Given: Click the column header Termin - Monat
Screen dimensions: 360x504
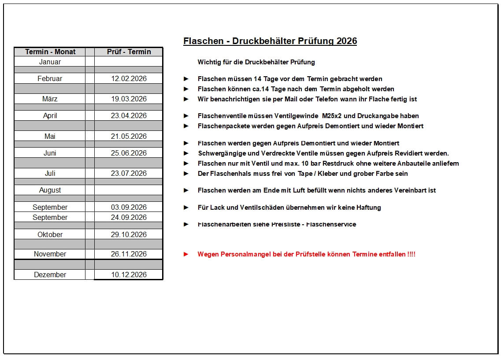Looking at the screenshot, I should tap(50, 52).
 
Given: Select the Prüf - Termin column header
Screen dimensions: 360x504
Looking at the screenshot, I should tap(129, 52).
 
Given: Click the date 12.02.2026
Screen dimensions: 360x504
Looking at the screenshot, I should tap(129, 78).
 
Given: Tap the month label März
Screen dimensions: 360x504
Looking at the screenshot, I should tap(50, 99).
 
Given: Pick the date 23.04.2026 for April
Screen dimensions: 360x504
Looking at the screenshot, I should tap(129, 115).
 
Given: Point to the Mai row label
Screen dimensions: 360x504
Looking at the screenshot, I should tap(50, 136).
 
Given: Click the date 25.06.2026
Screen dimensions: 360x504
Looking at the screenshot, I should tap(129, 153).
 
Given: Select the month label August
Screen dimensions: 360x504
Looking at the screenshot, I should tap(50, 190).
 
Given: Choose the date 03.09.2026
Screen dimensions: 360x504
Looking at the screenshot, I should tap(129, 207).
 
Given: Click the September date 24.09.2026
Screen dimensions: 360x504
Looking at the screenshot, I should tap(129, 217).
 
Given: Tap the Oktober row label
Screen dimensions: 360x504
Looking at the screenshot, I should tap(50, 234).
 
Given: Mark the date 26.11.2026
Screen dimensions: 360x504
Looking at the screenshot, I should tap(129, 254).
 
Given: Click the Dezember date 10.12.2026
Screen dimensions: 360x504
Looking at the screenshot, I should tap(129, 275).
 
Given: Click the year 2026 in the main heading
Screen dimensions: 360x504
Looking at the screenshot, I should tap(346, 41).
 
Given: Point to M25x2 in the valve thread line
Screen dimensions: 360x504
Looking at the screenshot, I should tap(332, 116).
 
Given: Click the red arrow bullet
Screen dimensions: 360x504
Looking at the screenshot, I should tap(186, 254).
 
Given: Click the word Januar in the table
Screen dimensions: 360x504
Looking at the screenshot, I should tap(50, 62).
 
